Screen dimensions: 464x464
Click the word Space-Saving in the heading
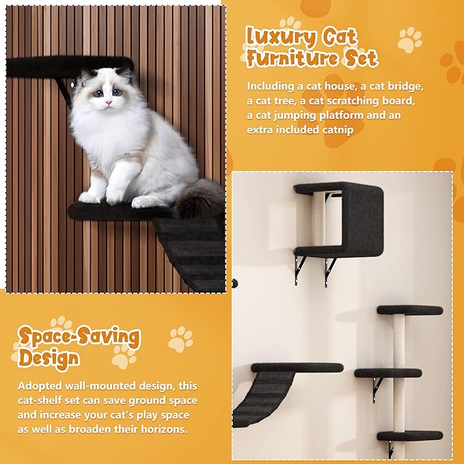pos(79,337)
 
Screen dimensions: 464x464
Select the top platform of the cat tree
pos(409,310)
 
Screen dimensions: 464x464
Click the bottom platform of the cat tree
pos(409,435)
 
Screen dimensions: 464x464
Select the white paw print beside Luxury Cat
pos(409,40)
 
